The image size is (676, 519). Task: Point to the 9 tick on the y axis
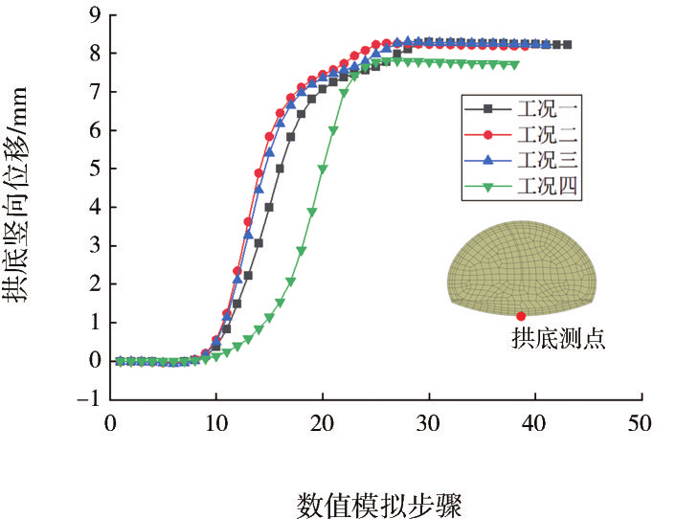point(93,15)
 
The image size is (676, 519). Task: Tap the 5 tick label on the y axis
point(93,169)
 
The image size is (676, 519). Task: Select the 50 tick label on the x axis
point(640,422)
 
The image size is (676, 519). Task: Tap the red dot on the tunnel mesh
point(521,316)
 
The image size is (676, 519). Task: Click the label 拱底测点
point(558,340)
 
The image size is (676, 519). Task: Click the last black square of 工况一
point(567,45)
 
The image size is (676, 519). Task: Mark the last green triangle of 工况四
point(515,65)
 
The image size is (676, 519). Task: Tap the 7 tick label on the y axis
point(93,92)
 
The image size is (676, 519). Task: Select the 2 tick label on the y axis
point(93,284)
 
